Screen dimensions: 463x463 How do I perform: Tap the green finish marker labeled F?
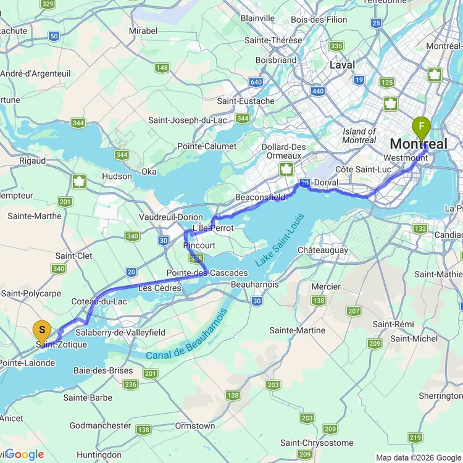pyautogui.click(x=422, y=129)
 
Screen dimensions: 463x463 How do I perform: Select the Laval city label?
pyautogui.click(x=342, y=65)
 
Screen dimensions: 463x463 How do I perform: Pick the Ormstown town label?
pyautogui.click(x=194, y=426)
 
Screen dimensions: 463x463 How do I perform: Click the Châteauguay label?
pyautogui.click(x=323, y=251)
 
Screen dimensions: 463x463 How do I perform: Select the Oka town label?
pyautogui.click(x=149, y=172)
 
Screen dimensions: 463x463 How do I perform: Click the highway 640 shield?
pyautogui.click(x=256, y=82)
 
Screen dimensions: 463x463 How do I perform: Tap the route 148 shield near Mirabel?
pyautogui.click(x=162, y=68)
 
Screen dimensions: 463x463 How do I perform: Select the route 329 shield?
pyautogui.click(x=48, y=4)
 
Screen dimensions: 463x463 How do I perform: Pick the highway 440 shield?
pyautogui.click(x=319, y=91)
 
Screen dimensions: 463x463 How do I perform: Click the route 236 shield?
pyautogui.click(x=130, y=385)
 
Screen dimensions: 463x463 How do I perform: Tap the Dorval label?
pyautogui.click(x=327, y=183)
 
